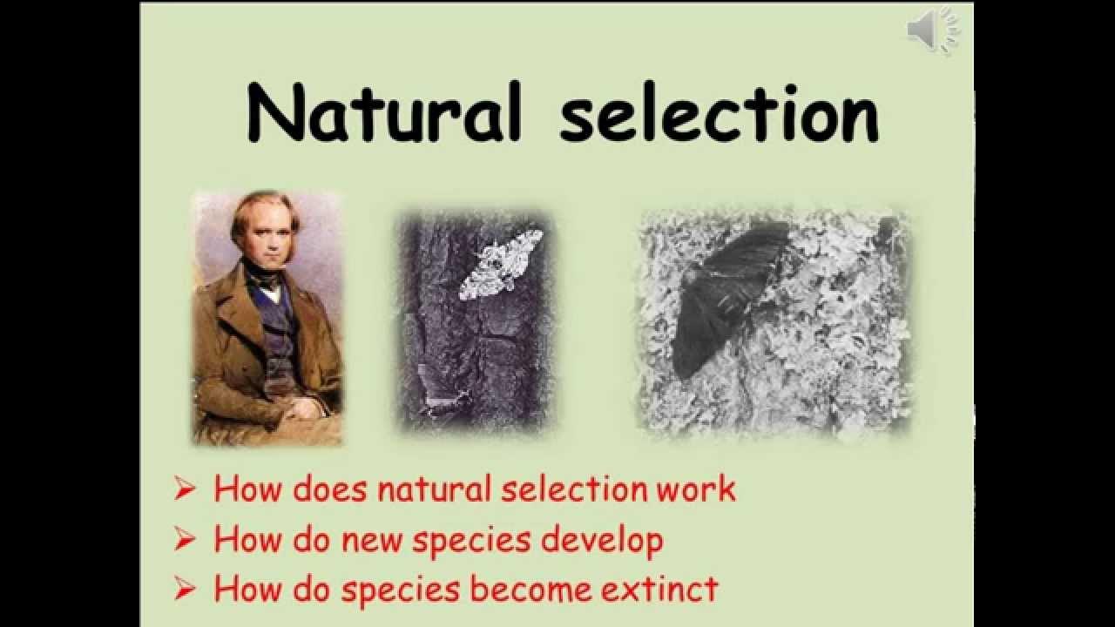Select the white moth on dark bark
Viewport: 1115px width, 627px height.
click(x=500, y=264)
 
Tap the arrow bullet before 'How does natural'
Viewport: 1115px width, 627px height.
click(x=185, y=489)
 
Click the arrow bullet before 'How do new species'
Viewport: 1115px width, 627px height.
click(x=185, y=540)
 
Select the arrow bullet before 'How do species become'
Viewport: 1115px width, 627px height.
click(x=185, y=590)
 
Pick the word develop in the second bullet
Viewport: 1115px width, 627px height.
click(x=602, y=542)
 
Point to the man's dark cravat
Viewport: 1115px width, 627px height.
click(x=265, y=280)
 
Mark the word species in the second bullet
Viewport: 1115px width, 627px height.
click(x=473, y=542)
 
